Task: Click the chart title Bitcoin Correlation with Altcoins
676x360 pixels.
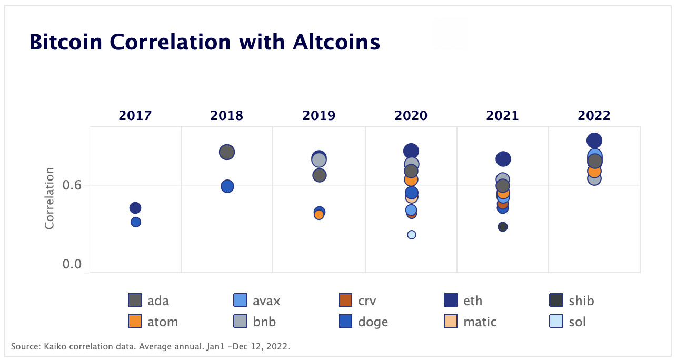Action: tap(204, 42)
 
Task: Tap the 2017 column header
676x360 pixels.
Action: tap(135, 115)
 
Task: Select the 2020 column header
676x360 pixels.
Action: tap(411, 115)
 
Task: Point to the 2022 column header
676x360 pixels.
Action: tap(594, 115)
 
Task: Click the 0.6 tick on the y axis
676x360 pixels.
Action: tap(72, 185)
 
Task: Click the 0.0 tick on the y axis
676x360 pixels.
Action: tap(72, 264)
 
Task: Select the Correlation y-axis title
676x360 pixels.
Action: tap(49, 198)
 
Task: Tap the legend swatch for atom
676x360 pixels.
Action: tap(135, 321)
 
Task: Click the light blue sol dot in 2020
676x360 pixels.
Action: tap(412, 235)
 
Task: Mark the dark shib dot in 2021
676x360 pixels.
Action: tap(503, 227)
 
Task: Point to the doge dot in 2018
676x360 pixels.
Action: tap(227, 186)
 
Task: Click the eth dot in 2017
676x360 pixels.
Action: tap(135, 208)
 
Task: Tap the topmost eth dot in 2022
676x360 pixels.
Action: tap(594, 141)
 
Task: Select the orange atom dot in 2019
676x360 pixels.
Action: tap(319, 215)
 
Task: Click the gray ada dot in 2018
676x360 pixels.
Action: tap(226, 152)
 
